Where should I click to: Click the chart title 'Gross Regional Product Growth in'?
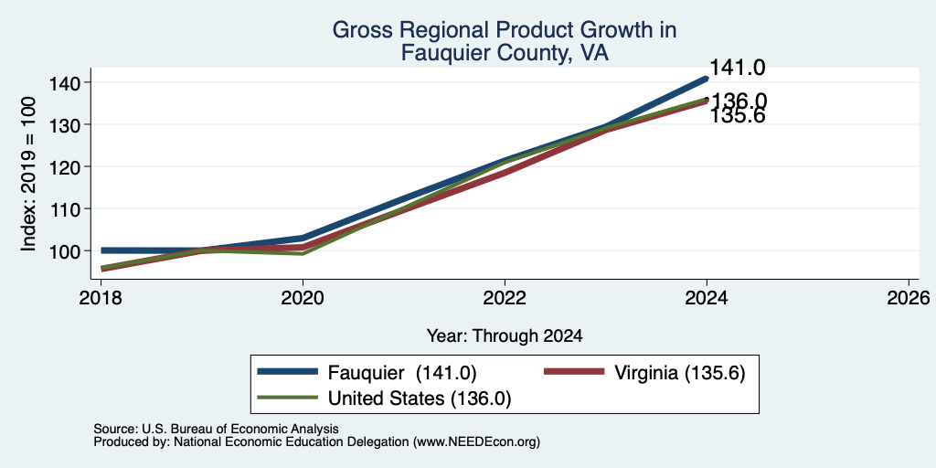point(504,30)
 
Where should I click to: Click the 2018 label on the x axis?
point(101,297)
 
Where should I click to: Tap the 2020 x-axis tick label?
point(303,297)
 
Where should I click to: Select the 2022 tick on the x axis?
point(505,297)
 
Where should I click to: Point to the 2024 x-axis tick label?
point(707,297)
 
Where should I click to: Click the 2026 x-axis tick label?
point(909,297)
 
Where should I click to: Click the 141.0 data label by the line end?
point(738,68)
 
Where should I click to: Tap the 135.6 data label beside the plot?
point(738,117)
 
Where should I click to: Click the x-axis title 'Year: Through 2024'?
point(505,336)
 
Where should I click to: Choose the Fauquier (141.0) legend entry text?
point(402,373)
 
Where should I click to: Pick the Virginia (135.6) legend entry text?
point(680,373)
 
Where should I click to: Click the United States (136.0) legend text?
point(420,399)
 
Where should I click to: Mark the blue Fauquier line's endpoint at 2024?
point(707,79)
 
